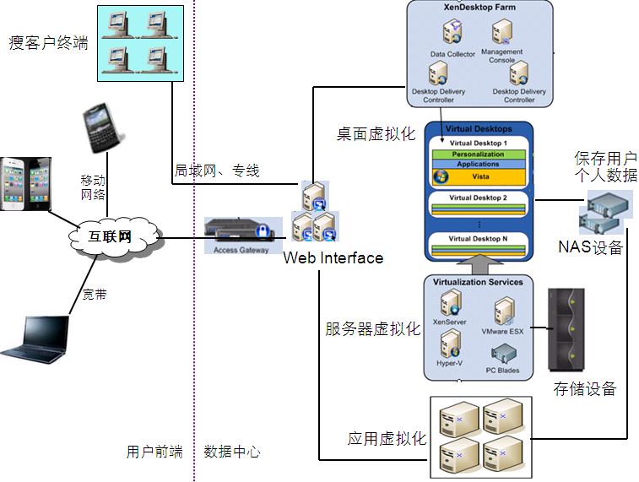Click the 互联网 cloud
click(112, 237)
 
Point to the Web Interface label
click(333, 257)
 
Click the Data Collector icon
click(452, 35)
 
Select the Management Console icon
click(502, 34)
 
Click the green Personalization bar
click(478, 154)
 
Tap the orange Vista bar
click(478, 176)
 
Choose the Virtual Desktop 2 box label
click(478, 198)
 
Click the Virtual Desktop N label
click(478, 239)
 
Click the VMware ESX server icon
click(503, 311)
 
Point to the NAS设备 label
click(590, 247)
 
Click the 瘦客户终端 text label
click(49, 42)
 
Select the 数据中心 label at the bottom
click(232, 452)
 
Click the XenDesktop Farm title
click(479, 8)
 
